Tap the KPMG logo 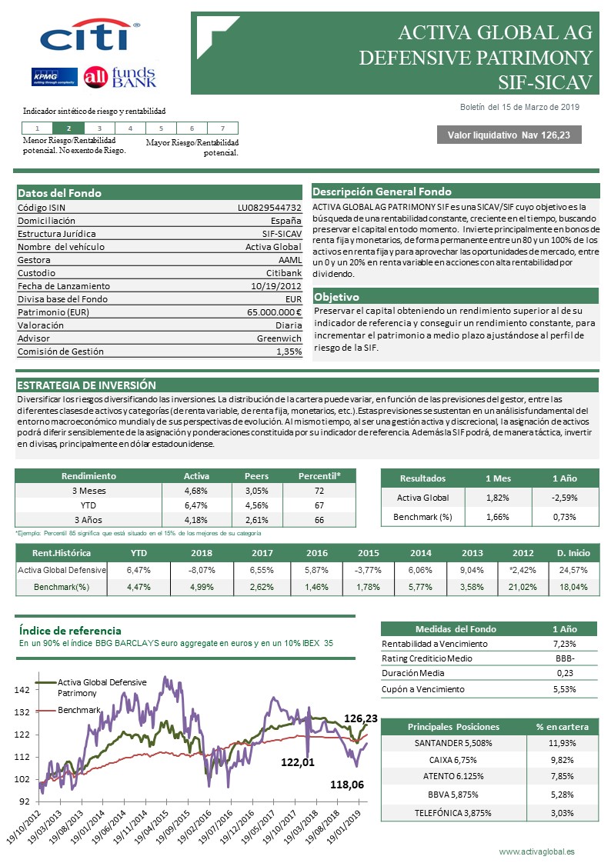(x=52, y=76)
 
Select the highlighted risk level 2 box (x=68, y=128)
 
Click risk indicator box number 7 (x=222, y=128)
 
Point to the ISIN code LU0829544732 (x=269, y=207)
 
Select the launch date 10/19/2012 (x=278, y=286)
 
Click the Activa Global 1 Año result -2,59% (x=565, y=497)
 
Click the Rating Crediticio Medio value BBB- (x=565, y=658)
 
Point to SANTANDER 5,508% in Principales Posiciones (x=453, y=743)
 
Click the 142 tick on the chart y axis (x=23, y=690)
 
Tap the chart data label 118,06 (x=346, y=785)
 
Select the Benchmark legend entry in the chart (x=79, y=710)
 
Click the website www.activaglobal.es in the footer (x=536, y=851)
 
